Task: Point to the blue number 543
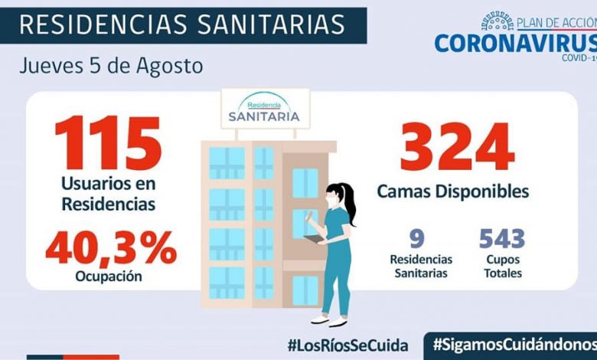click(x=501, y=240)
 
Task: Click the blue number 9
click(x=418, y=240)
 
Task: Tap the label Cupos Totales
click(x=501, y=266)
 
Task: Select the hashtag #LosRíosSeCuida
click(x=347, y=344)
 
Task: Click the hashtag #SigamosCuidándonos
click(x=513, y=344)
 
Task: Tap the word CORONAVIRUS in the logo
click(x=514, y=42)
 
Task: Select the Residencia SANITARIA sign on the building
click(x=264, y=110)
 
